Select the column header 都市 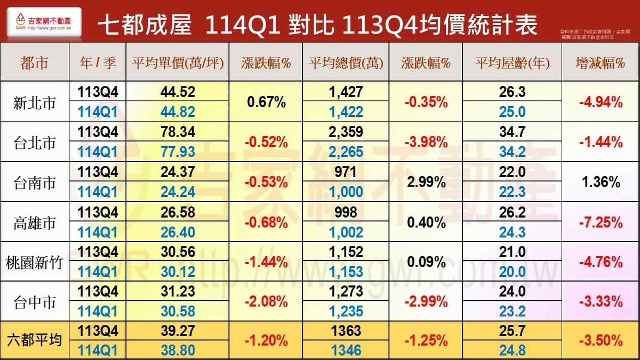click(x=34, y=63)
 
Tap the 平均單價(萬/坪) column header click(x=178, y=63)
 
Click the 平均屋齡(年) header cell click(x=512, y=63)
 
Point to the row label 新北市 click(x=34, y=102)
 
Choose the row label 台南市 click(x=34, y=182)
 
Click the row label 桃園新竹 click(x=34, y=262)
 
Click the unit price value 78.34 click(x=178, y=132)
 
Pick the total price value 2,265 click(x=346, y=152)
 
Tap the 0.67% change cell click(x=266, y=102)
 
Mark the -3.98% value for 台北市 click(x=426, y=142)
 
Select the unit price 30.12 click(x=178, y=271)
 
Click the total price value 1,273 click(x=346, y=292)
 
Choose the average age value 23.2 click(x=512, y=311)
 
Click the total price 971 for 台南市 click(x=346, y=172)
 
